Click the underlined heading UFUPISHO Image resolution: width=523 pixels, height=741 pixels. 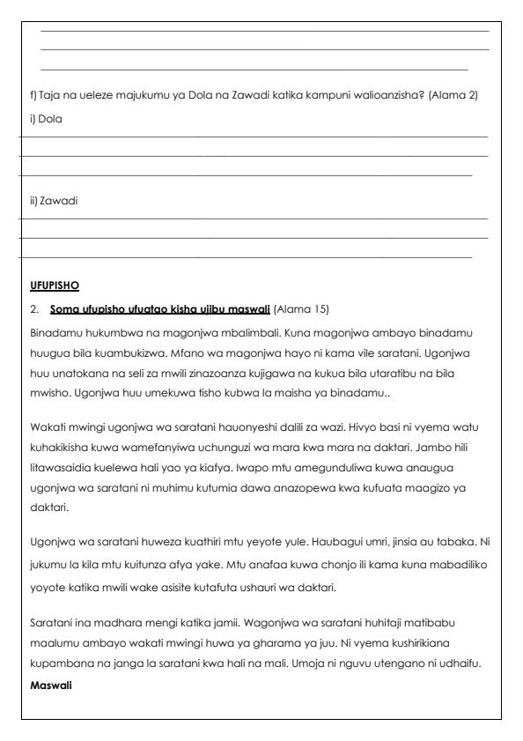click(x=54, y=285)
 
